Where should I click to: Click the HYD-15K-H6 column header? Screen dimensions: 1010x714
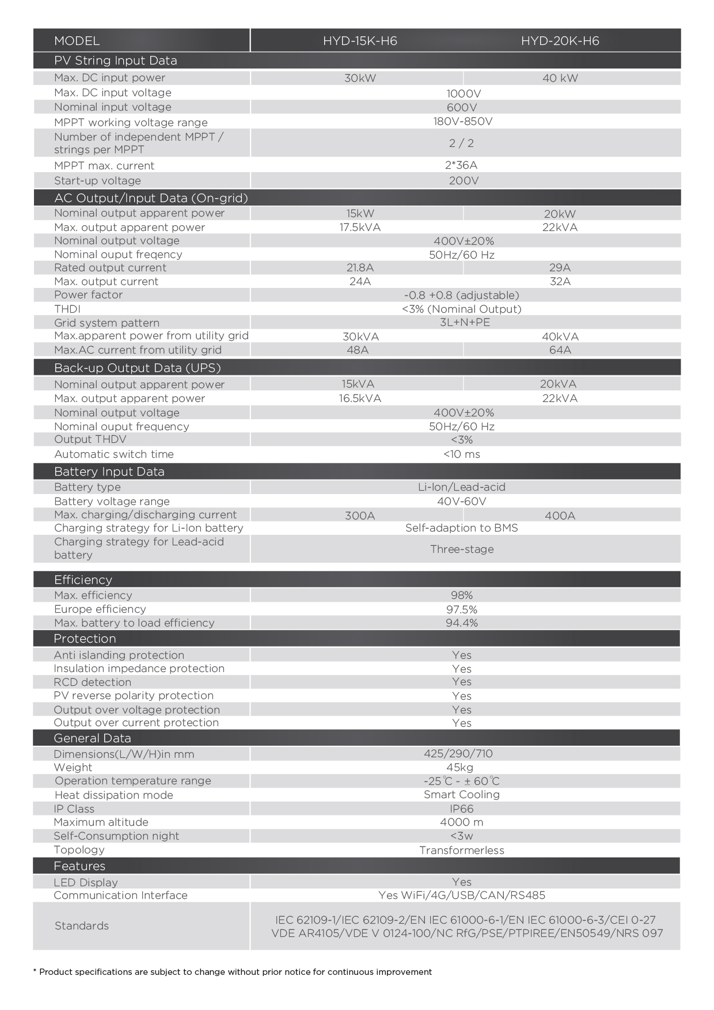click(x=360, y=41)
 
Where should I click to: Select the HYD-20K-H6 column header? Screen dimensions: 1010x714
click(x=560, y=41)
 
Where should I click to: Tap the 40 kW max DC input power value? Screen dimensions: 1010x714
click(x=560, y=78)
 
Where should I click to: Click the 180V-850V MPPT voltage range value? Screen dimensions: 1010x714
click(x=463, y=121)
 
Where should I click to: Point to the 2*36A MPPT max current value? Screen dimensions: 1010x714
click(x=461, y=165)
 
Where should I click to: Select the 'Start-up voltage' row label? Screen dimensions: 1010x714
click(x=97, y=181)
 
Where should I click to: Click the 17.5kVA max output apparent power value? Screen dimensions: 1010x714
click(x=360, y=227)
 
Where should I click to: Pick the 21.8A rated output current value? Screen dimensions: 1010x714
click(x=360, y=268)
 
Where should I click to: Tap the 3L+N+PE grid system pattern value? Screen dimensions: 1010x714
click(x=465, y=322)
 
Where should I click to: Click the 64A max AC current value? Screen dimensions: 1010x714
click(x=560, y=350)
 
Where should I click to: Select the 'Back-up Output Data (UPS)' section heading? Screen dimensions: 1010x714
click(x=137, y=368)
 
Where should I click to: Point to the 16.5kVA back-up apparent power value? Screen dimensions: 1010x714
click(x=360, y=398)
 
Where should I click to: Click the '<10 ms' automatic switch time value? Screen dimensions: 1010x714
click(x=462, y=454)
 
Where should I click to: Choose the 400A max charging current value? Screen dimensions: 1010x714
click(x=560, y=516)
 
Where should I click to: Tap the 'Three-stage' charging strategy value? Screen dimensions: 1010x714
click(x=462, y=549)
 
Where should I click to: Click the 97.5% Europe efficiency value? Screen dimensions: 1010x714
click(x=462, y=609)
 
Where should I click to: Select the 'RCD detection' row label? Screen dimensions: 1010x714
click(x=92, y=682)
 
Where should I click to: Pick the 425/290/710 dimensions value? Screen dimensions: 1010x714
click(x=458, y=754)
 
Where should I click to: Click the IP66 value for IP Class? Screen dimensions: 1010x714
click(x=462, y=809)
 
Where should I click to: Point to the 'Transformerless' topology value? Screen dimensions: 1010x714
click(x=462, y=850)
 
